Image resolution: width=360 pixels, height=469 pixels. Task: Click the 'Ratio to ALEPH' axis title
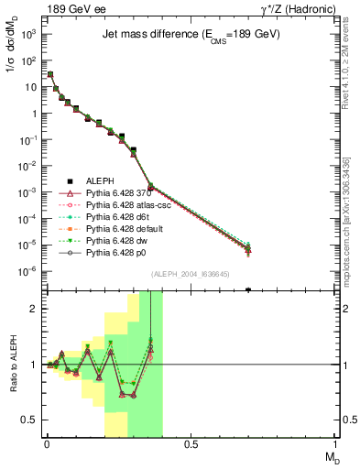click(12, 365)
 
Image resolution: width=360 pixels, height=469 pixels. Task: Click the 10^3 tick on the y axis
click(29, 34)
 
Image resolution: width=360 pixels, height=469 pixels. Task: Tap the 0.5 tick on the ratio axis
click(29, 420)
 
